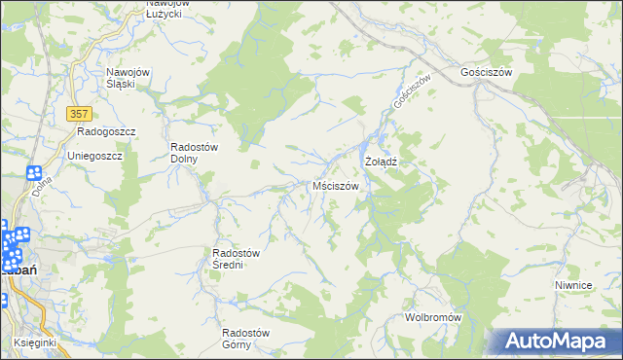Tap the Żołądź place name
381,160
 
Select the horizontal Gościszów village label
486,72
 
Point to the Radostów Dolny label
195,153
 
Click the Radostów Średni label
235,259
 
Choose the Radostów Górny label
245,338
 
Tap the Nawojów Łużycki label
167,9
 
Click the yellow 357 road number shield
80,114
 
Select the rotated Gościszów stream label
411,92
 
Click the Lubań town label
21,269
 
